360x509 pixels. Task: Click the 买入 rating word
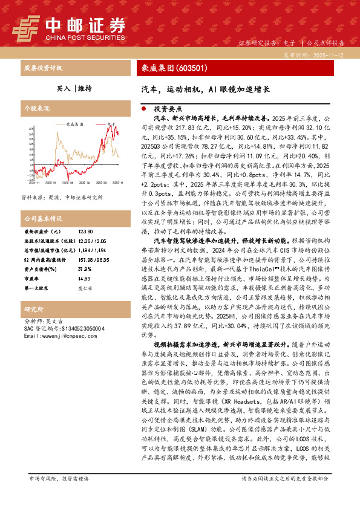63,88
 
